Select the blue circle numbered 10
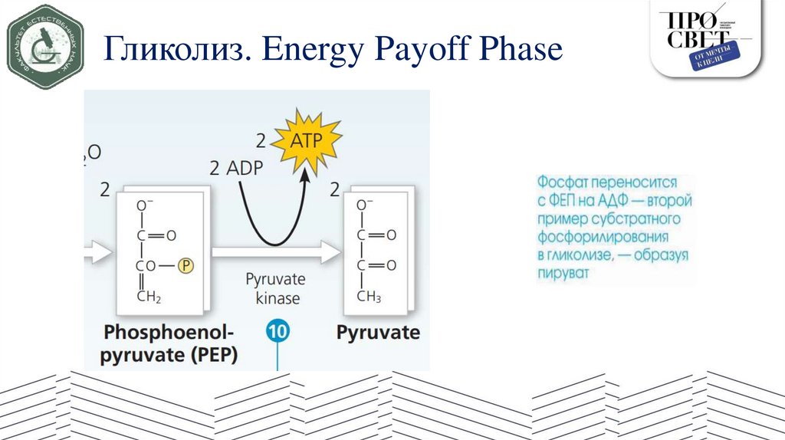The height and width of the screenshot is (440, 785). pos(277,332)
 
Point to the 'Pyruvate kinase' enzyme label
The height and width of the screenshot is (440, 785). pos(274,287)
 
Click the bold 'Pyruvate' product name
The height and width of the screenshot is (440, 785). pos(378,332)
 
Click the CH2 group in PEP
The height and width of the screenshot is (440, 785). pos(149,297)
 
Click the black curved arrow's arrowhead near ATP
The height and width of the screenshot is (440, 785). pos(305,175)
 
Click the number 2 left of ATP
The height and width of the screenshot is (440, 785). pos(261,141)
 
